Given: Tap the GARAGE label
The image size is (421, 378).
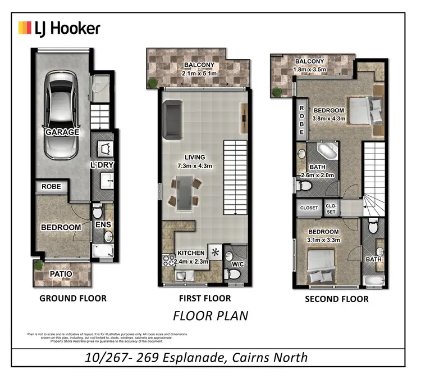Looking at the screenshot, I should tap(62, 132).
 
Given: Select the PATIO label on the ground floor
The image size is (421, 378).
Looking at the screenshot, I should tap(62, 274).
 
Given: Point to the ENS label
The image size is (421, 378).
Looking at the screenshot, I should tap(102, 225).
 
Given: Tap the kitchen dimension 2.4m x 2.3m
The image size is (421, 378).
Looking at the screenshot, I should tap(191, 262).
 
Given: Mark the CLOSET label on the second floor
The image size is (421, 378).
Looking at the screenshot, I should tap(309, 208).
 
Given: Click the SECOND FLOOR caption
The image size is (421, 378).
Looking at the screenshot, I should tap(336, 299).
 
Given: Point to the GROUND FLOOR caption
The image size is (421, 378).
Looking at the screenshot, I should tap(72, 298).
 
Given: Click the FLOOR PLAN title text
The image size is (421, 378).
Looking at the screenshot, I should tap(210, 316).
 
